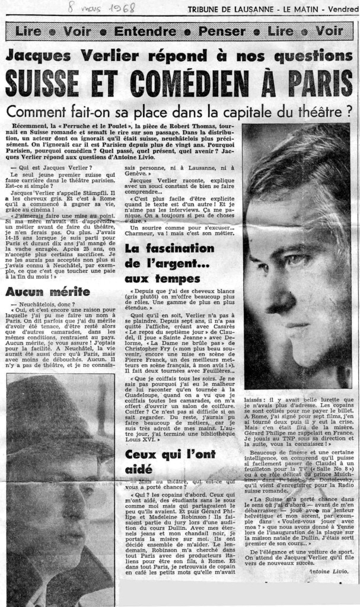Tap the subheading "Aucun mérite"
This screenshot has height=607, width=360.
(47, 292)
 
